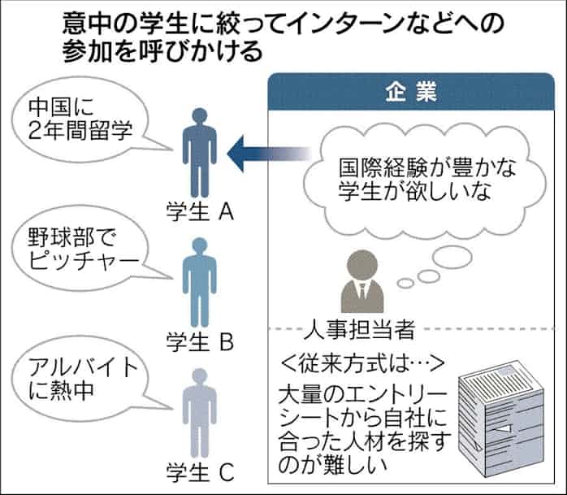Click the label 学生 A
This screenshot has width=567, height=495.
[x=200, y=213]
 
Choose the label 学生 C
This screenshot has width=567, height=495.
[x=200, y=471]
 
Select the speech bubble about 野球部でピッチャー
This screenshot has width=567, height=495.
[x=77, y=252]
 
